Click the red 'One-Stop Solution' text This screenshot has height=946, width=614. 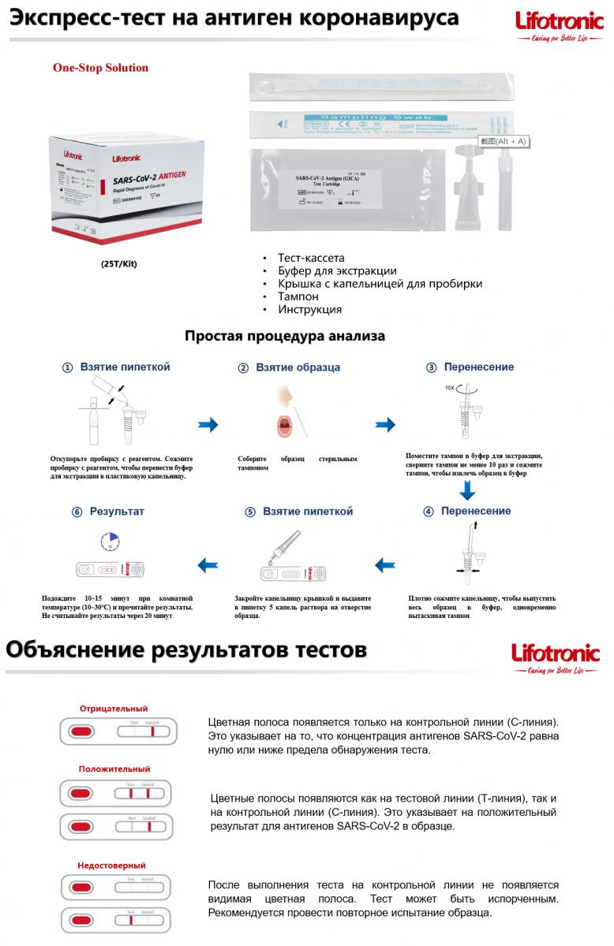pyautogui.click(x=100, y=68)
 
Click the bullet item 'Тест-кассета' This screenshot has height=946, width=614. pyautogui.click(x=311, y=258)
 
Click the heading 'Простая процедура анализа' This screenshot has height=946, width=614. pyautogui.click(x=285, y=337)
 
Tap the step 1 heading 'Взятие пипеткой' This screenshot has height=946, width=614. pyautogui.click(x=125, y=367)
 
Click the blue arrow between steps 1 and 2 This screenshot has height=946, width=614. pyautogui.click(x=208, y=425)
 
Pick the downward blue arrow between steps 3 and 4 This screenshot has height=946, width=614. pyautogui.click(x=468, y=490)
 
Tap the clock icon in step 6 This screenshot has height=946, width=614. pyautogui.click(x=110, y=542)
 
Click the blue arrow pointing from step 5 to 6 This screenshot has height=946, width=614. pyautogui.click(x=208, y=564)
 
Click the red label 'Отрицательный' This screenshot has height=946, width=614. pyautogui.click(x=114, y=709)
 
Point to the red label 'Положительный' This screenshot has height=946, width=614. pyautogui.click(x=114, y=769)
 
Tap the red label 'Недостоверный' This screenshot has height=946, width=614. pyautogui.click(x=113, y=866)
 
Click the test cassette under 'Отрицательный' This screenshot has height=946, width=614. pyautogui.click(x=114, y=732)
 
